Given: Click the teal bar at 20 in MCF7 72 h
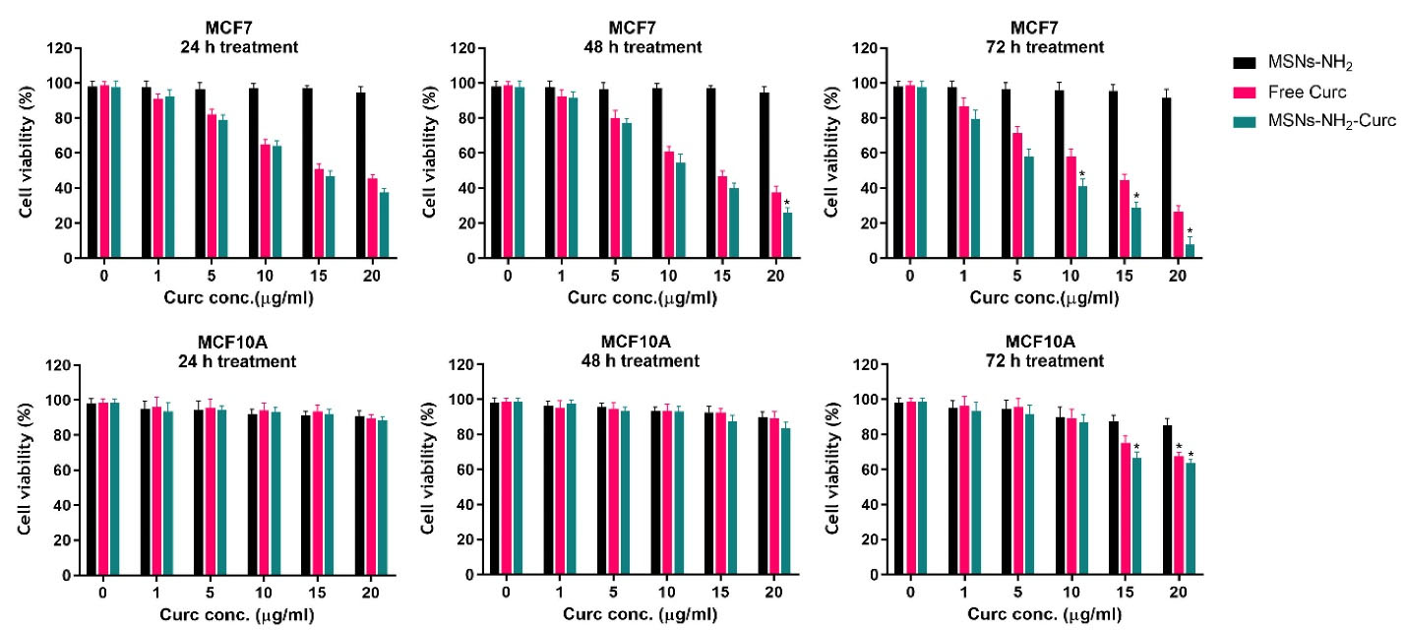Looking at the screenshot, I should [x=1190, y=251].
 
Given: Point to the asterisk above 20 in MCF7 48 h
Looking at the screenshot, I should [x=787, y=204].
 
